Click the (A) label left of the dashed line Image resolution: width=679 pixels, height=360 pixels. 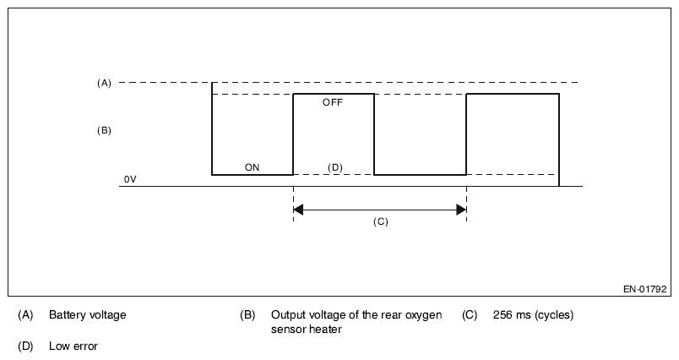coord(104,83)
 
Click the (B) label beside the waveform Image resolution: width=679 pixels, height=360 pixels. coord(104,131)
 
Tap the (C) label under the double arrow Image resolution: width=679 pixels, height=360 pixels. coord(380,221)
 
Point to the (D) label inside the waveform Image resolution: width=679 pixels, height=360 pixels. coord(334,167)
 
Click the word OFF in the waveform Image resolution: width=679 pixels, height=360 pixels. coord(334,102)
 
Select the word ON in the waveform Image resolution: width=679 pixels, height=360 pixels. coord(252,167)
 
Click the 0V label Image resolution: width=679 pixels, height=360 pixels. coord(129,180)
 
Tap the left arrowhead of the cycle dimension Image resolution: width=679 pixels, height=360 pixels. coord(298,209)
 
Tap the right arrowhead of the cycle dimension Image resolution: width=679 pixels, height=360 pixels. coord(461,209)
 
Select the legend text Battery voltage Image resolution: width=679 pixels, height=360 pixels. coord(87,315)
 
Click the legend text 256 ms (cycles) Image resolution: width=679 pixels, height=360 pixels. coord(533,315)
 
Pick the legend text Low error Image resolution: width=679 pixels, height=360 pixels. coord(73,346)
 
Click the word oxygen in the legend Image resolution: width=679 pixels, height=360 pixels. coord(421,315)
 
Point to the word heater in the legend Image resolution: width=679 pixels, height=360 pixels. coord(324,330)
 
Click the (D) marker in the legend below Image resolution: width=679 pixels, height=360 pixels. coord(24,346)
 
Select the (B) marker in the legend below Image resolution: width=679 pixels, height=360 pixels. coord(247,315)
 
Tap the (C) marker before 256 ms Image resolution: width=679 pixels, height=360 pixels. coord(470,315)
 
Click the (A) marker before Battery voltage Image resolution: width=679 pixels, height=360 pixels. coord(24,315)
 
